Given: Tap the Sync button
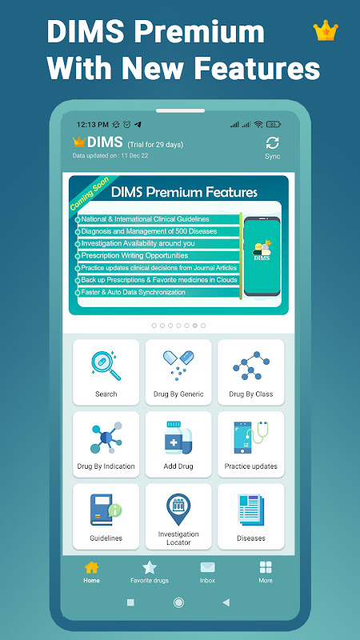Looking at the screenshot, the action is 272,148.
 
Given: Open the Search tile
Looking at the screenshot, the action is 106,372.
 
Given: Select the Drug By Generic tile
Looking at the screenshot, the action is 178,372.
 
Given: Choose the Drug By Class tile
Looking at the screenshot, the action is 251,372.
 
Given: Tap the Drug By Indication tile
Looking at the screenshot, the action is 106,444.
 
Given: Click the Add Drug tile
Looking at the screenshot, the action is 178,444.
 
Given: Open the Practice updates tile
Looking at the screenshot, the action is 251,444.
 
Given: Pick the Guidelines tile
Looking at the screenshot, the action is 106,516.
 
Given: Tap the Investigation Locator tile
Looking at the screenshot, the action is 178,516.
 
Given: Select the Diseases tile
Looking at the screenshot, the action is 251,516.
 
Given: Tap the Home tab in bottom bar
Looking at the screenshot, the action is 91,572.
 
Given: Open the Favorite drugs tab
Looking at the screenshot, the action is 150,572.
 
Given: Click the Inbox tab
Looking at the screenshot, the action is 207,572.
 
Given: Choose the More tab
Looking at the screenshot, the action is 266,572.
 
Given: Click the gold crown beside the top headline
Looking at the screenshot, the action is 326,30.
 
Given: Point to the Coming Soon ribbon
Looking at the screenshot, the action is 90,194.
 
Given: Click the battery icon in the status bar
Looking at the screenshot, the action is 274,124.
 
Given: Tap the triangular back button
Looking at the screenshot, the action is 226,602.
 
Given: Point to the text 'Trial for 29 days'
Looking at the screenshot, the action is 155,145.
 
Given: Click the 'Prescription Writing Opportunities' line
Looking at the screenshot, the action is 134,255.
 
